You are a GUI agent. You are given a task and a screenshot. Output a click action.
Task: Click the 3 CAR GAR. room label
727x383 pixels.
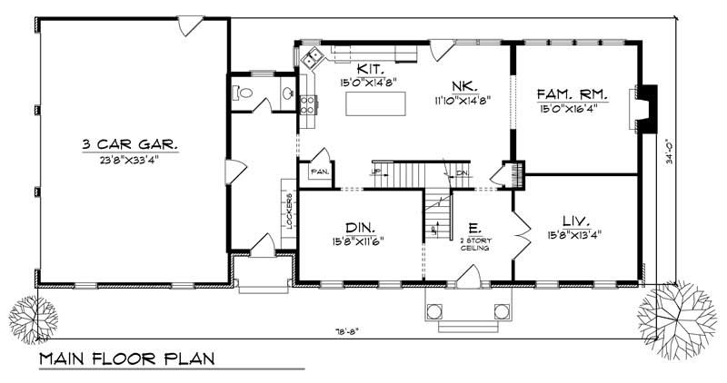click(x=130, y=144)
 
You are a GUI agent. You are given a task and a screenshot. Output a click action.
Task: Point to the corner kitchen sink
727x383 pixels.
click(x=313, y=59)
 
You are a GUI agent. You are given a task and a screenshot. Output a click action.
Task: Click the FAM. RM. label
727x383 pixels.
click(x=572, y=93)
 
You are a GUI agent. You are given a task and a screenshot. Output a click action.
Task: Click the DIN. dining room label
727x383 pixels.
click(x=361, y=227)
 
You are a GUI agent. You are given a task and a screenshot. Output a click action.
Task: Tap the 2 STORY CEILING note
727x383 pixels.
click(x=475, y=243)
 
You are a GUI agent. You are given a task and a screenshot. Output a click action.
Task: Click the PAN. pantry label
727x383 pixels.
click(x=319, y=170)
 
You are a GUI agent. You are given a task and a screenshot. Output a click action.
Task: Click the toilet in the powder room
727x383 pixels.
click(x=240, y=92)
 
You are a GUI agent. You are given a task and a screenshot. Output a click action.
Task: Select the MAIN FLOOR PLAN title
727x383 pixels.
click(x=127, y=359)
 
